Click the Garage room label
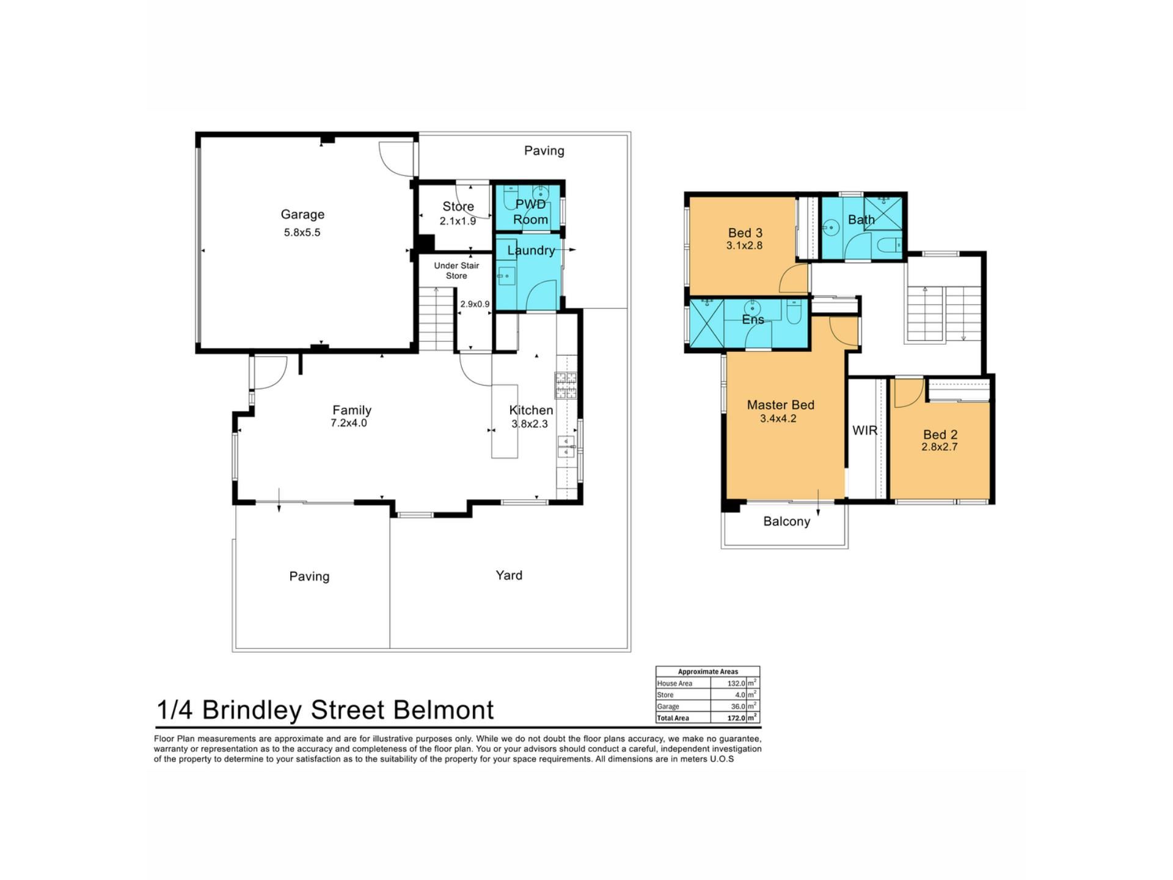pos(302,215)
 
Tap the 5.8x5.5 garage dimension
pos(302,232)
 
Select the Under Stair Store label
pos(456,271)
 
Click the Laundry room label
pos(531,250)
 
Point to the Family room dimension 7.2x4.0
pos(349,423)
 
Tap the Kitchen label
pos(531,410)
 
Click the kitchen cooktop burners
pos(566,386)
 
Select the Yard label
pos(509,575)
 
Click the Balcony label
pos(787,521)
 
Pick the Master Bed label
pos(780,405)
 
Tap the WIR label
pos(864,430)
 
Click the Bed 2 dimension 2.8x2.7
pos(940,447)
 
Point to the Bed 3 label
pos(745,233)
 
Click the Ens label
pos(753,320)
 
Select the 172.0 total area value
pos(736,718)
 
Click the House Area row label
pos(674,683)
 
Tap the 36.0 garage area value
pos(737,706)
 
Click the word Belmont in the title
pos(444,710)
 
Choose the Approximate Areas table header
pos(708,672)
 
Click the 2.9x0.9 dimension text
pos(475,304)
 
